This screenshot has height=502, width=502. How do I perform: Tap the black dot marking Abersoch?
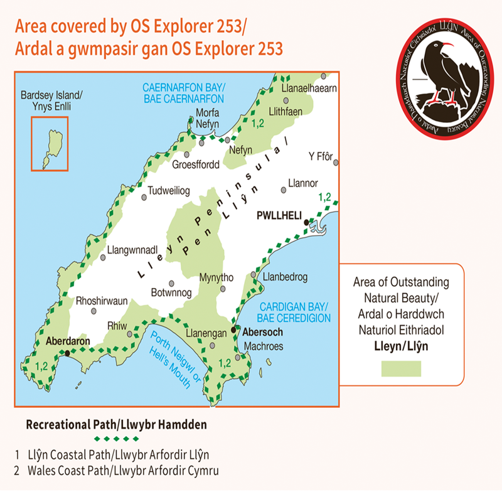coord(233,329)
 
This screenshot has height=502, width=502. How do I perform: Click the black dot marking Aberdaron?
coord(67,353)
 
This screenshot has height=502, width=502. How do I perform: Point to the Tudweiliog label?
coord(168,190)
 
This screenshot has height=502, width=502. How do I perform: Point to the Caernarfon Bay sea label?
coord(183,93)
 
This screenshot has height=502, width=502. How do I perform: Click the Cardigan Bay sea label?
coord(295,312)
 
